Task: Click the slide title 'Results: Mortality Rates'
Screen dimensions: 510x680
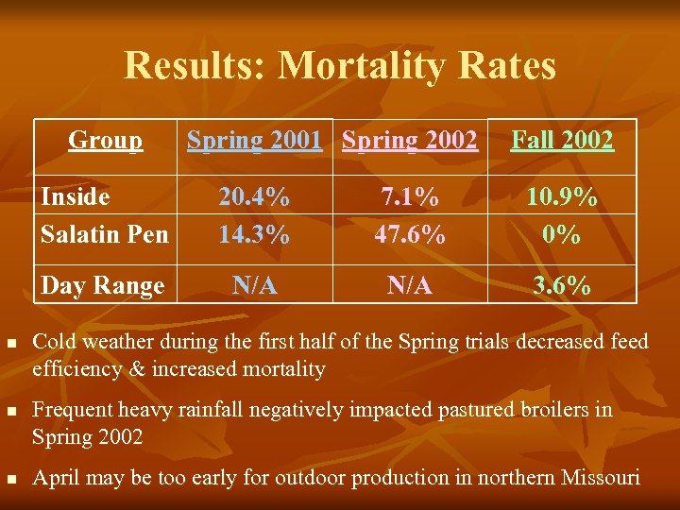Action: point(340,66)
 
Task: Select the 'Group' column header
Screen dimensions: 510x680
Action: point(106,141)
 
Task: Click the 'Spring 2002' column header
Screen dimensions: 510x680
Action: point(410,141)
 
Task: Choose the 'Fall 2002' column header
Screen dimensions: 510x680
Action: point(562,141)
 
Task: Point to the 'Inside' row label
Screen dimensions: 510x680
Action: point(75,197)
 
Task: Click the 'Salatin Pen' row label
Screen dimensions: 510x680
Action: point(104,233)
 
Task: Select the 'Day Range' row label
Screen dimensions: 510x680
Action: point(102,285)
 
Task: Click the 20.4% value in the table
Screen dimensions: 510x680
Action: point(254,197)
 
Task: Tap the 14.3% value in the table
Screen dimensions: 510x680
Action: point(254,233)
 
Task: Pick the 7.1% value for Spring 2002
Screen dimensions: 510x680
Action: point(410,197)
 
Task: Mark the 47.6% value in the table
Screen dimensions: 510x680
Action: point(410,233)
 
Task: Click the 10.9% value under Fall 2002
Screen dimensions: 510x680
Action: point(562,197)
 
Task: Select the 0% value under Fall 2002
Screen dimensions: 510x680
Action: point(562,233)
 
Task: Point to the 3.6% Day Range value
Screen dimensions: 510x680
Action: point(562,285)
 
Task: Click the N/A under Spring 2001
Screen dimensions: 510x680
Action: point(254,285)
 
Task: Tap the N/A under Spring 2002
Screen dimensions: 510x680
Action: point(410,285)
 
